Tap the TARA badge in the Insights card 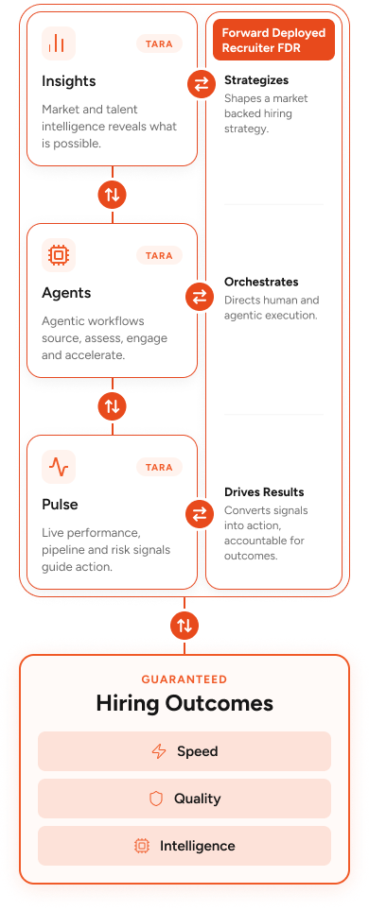[x=160, y=43]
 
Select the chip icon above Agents [x=59, y=254]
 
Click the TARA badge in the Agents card [x=160, y=255]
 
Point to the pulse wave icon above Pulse [x=59, y=467]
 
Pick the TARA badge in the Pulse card [x=160, y=467]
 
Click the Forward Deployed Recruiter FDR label [x=273, y=40]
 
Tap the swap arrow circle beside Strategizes [x=202, y=85]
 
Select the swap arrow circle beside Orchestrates [x=200, y=298]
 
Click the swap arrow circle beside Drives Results [x=200, y=513]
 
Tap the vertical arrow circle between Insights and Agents [x=113, y=194]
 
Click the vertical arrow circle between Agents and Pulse [x=113, y=405]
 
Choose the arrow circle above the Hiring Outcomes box [x=184, y=626]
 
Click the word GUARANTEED [x=184, y=679]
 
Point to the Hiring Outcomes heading [x=184, y=704]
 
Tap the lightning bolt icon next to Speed [x=158, y=751]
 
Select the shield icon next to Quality [x=156, y=799]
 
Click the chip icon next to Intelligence [x=141, y=846]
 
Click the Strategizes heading [x=256, y=80]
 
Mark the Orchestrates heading [x=261, y=282]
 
